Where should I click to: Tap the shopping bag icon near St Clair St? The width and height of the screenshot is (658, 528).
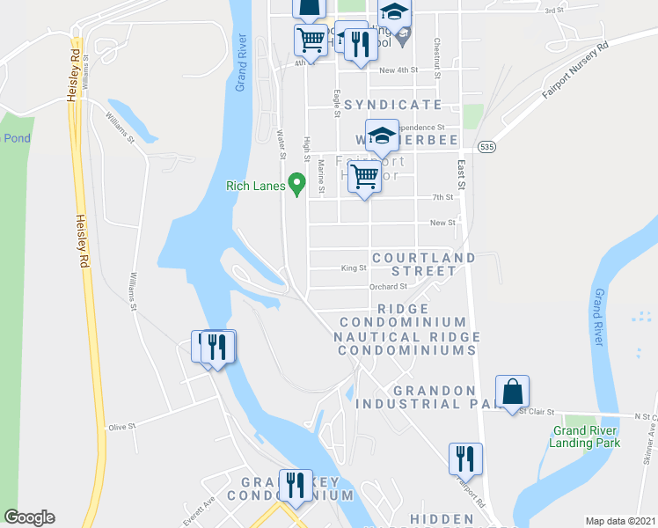512,392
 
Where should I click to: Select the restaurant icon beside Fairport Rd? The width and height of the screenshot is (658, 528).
465,458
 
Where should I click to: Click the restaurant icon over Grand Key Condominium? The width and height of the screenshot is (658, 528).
296,486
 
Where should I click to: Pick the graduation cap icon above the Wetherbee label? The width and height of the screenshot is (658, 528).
382,136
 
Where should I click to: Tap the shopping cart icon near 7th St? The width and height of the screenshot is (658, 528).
365,177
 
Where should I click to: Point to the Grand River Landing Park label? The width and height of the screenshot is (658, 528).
587,436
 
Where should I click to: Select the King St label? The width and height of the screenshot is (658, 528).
353,268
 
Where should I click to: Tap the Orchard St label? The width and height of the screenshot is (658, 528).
388,286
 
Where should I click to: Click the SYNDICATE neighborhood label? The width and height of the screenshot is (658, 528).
392,104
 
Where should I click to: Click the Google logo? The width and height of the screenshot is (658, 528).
29,517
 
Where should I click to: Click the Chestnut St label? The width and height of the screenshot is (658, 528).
436,53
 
